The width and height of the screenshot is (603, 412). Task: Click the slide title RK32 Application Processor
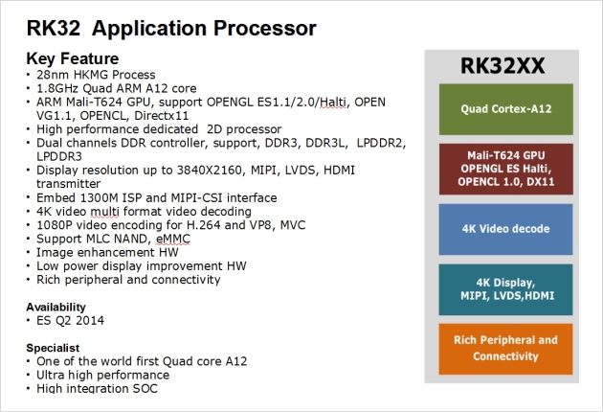click(x=171, y=28)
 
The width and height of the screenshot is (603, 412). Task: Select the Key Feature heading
click(x=73, y=58)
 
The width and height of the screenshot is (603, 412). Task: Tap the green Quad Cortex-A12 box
click(x=506, y=109)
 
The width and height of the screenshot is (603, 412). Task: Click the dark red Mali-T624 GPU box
click(x=506, y=169)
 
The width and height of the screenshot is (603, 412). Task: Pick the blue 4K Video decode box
click(x=506, y=229)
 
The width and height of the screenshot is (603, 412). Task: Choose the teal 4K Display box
click(x=506, y=289)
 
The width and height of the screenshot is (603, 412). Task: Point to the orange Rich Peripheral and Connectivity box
click(x=506, y=349)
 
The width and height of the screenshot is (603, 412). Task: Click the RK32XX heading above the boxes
click(x=502, y=66)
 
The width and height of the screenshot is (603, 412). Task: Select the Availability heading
click(x=56, y=308)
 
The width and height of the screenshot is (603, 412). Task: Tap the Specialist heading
click(x=53, y=348)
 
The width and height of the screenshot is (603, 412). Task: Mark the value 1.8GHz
click(x=57, y=88)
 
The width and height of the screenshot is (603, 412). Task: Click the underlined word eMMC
click(x=173, y=240)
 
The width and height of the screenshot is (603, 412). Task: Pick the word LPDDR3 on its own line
click(x=59, y=157)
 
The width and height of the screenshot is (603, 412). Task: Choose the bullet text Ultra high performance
click(x=102, y=375)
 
